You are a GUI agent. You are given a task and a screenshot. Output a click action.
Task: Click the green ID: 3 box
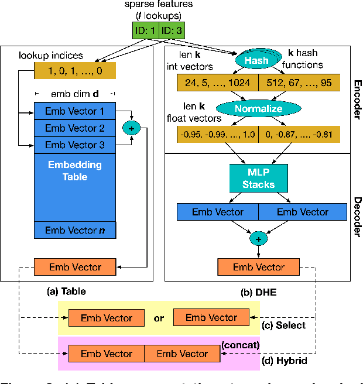click(174, 30)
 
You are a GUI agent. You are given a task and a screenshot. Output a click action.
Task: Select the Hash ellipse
click(256, 60)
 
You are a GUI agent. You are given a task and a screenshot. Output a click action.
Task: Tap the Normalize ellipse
click(258, 109)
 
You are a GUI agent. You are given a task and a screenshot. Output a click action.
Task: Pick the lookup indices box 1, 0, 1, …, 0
click(75, 70)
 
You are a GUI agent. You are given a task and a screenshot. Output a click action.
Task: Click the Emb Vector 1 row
click(74, 111)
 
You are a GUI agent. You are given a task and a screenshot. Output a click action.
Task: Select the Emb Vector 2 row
click(74, 128)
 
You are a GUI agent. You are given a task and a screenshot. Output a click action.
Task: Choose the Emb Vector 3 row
click(74, 144)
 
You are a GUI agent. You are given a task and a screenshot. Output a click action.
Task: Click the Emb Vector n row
click(74, 230)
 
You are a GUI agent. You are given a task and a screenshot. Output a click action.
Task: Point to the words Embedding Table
click(74, 171)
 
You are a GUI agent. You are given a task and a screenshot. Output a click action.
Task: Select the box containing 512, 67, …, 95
click(300, 83)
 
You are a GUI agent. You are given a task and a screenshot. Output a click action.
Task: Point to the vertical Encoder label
click(357, 97)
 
